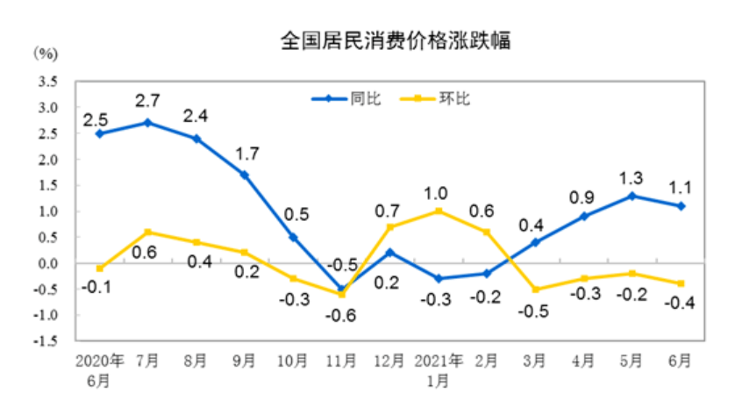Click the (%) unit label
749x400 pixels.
click(x=46, y=54)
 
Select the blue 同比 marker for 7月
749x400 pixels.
click(x=148, y=123)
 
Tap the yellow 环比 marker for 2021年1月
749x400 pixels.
click(x=437, y=211)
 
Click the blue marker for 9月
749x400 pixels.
click(x=245, y=175)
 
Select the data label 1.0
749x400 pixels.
click(x=437, y=191)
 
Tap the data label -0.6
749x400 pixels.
click(x=340, y=313)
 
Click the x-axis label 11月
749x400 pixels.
click(x=340, y=360)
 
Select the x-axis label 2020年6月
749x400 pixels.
click(x=100, y=369)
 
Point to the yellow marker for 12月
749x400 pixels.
click(x=389, y=227)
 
